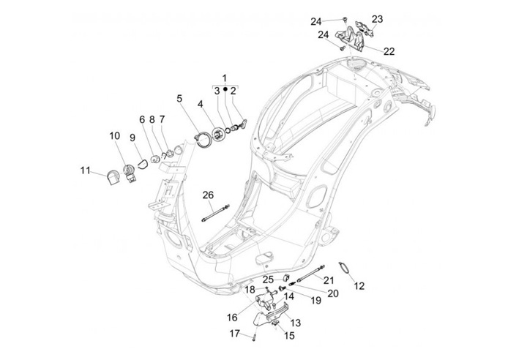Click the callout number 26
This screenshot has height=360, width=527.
[x=208, y=194]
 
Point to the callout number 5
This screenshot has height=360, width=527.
[x=179, y=97]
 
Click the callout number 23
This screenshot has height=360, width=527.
[x=377, y=19]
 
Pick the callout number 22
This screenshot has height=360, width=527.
[x=389, y=51]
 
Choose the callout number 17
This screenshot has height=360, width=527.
[x=235, y=334]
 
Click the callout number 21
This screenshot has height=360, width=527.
[x=329, y=280]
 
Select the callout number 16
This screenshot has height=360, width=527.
[x=232, y=317]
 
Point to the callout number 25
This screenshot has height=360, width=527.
[x=269, y=279]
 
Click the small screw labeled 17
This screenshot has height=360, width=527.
[x=253, y=337]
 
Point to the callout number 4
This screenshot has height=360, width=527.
[x=200, y=105]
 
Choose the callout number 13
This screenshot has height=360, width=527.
[x=296, y=323]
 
